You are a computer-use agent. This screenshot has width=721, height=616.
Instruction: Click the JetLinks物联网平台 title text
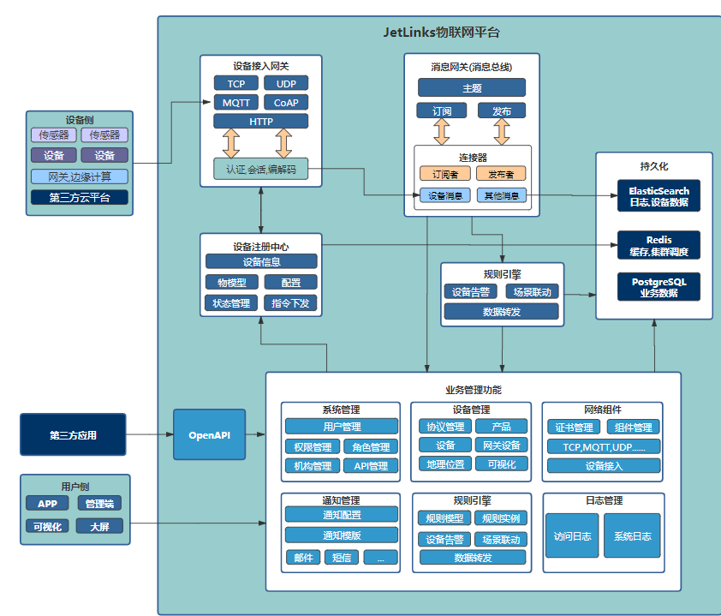pos(441,33)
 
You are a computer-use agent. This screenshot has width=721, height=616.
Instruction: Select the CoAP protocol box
pos(286,103)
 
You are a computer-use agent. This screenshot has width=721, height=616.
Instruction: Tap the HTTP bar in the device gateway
pos(261,122)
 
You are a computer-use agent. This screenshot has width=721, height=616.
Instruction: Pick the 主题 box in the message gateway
pos(471,87)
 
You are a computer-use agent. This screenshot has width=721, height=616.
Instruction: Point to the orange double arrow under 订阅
pos(442,131)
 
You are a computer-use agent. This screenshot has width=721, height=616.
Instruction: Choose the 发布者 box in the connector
pos(501,174)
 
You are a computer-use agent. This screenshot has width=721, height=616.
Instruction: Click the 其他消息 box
pos(501,195)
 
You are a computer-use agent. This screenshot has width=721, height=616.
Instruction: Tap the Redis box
pos(658,245)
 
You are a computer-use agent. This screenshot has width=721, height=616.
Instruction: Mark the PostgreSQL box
pos(658,286)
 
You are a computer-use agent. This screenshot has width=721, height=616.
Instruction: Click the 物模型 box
pos(231,282)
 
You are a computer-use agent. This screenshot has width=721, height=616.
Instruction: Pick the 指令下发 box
pos(290,302)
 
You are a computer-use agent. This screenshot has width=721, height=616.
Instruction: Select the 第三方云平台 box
pos(80,198)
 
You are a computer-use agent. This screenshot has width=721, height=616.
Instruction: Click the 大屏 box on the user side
pos(100,526)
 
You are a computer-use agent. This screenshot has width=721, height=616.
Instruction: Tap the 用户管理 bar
pos(342,427)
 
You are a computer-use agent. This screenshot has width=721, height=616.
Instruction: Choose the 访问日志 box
pos(572,536)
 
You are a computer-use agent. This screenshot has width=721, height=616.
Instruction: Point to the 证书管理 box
pos(574,428)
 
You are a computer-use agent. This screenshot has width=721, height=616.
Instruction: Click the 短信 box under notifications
pos(341,558)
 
